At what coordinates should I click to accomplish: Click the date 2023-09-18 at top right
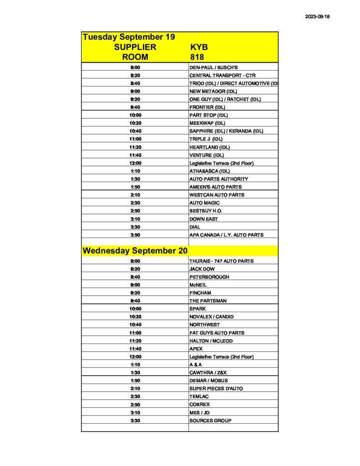click(317, 17)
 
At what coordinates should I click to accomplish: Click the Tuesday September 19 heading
click(129, 37)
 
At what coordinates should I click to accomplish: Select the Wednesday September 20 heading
click(135, 251)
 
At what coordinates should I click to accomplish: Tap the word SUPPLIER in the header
click(135, 47)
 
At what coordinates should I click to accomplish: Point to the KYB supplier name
click(199, 47)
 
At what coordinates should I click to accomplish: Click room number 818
click(197, 57)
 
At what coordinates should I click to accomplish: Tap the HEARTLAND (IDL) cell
click(209, 147)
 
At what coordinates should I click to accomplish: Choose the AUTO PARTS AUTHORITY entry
click(218, 179)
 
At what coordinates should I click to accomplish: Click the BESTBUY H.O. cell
click(206, 211)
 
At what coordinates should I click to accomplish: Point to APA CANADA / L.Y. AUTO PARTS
click(226, 235)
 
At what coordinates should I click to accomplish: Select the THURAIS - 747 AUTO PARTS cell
click(221, 261)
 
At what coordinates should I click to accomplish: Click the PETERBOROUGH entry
click(209, 277)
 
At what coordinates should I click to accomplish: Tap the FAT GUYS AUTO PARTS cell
click(217, 333)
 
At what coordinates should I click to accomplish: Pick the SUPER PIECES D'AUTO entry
click(216, 389)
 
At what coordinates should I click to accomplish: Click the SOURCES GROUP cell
click(210, 420)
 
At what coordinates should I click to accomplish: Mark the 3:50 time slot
click(135, 235)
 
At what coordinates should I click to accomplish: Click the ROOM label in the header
click(135, 57)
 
